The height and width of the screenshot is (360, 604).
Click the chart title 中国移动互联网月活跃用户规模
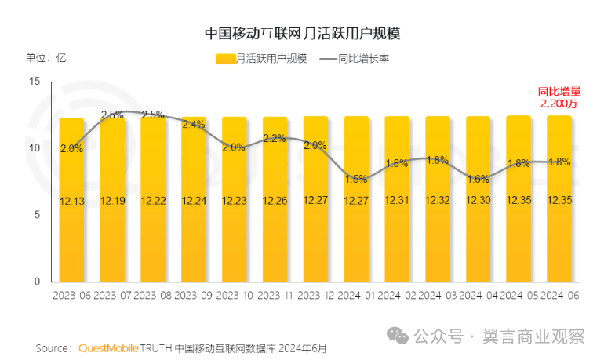point(302,34)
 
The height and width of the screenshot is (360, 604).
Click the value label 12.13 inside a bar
point(71,201)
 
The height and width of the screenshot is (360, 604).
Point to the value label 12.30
point(478,201)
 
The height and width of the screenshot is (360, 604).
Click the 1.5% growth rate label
point(356,179)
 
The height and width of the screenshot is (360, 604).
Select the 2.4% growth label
point(194,124)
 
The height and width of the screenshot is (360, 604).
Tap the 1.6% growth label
point(478,179)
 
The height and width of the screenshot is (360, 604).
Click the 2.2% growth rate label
point(275,138)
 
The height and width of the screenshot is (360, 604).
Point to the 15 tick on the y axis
point(34,82)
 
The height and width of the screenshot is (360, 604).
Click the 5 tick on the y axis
point(36,215)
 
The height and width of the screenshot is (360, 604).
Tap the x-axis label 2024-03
point(437,295)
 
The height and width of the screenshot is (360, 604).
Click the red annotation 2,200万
point(559,103)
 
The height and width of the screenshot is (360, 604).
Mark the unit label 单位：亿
point(45,58)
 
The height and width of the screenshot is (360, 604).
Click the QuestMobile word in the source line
point(109,347)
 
